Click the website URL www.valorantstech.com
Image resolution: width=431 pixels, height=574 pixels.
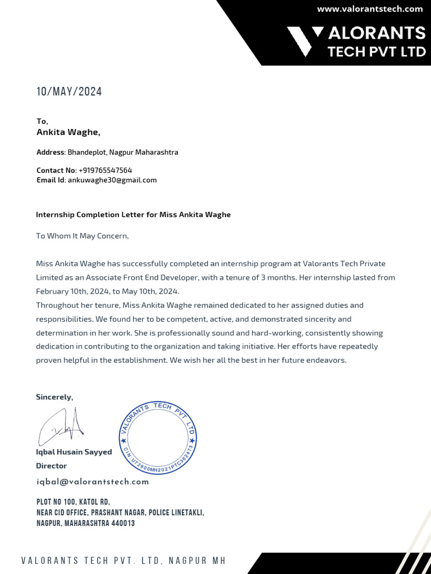(x=369, y=9)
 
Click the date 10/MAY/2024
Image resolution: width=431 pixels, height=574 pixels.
(x=69, y=92)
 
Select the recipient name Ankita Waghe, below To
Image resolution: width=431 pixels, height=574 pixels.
(x=68, y=132)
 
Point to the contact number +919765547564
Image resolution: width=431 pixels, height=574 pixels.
(x=106, y=170)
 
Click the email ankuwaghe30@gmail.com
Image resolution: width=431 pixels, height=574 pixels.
(x=112, y=180)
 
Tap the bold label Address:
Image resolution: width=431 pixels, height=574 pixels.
(x=51, y=152)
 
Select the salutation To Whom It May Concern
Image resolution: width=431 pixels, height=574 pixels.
(x=82, y=236)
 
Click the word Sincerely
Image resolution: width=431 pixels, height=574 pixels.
(x=54, y=397)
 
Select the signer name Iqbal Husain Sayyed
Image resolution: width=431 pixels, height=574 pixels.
(x=74, y=452)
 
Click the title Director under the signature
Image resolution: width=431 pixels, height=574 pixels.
(x=51, y=466)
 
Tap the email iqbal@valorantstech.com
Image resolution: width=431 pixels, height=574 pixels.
(x=93, y=482)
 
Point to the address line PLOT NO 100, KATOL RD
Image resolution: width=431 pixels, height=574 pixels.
(x=73, y=502)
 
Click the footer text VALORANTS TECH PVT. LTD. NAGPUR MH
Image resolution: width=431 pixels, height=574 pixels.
(x=124, y=561)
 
